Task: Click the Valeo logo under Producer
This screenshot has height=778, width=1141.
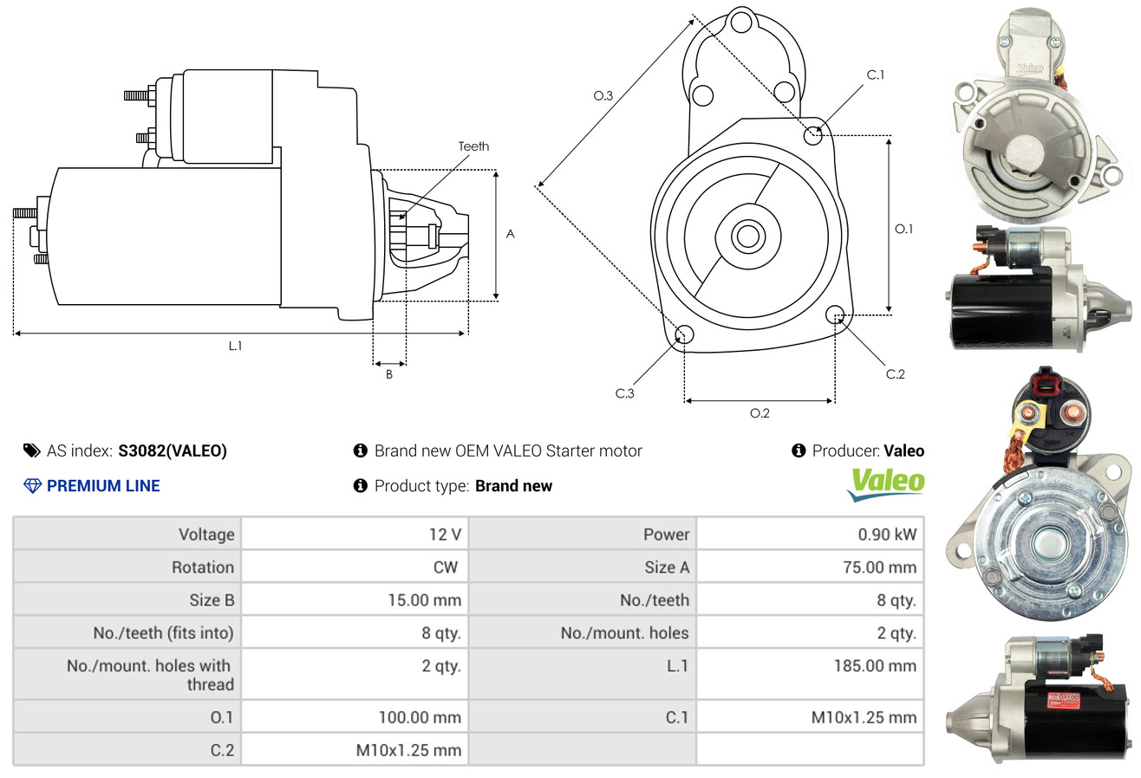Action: coord(885,484)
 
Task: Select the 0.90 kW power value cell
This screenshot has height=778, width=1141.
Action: coord(886,535)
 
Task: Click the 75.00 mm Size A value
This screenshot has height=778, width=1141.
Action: coord(880,567)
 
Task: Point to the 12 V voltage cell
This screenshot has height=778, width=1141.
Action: coord(444,535)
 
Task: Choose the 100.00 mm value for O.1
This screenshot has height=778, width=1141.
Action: coord(420,717)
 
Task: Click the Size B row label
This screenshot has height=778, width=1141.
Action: coord(212,600)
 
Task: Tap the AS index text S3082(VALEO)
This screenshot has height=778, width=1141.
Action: coord(173,451)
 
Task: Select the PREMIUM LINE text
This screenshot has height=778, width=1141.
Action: coord(103,486)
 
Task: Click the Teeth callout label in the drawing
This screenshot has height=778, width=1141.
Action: coord(473,146)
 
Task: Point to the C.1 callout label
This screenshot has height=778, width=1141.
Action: coord(876,75)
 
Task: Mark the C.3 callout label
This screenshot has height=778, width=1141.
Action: coord(625,393)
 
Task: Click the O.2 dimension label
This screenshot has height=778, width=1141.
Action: coord(760,413)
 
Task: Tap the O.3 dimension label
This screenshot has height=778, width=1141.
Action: coord(603,96)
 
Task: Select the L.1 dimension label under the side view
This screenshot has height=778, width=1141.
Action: coord(235,346)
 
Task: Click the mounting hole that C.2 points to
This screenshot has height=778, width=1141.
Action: coord(835,314)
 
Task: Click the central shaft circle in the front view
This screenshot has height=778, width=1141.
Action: coord(746,235)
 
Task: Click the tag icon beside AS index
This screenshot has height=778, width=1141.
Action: coord(31,451)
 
